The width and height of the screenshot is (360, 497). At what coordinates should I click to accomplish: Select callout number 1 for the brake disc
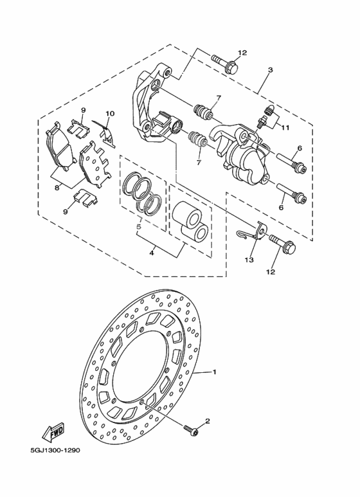pyautogui.click(x=215, y=372)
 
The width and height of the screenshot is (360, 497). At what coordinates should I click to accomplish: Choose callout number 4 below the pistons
pyautogui.click(x=152, y=253)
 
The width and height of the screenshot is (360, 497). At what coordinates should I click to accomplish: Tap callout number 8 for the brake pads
pyautogui.click(x=57, y=187)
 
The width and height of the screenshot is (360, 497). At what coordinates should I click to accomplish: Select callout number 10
pyautogui.click(x=110, y=114)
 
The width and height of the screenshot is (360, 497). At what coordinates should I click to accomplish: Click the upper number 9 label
pyautogui.click(x=83, y=111)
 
